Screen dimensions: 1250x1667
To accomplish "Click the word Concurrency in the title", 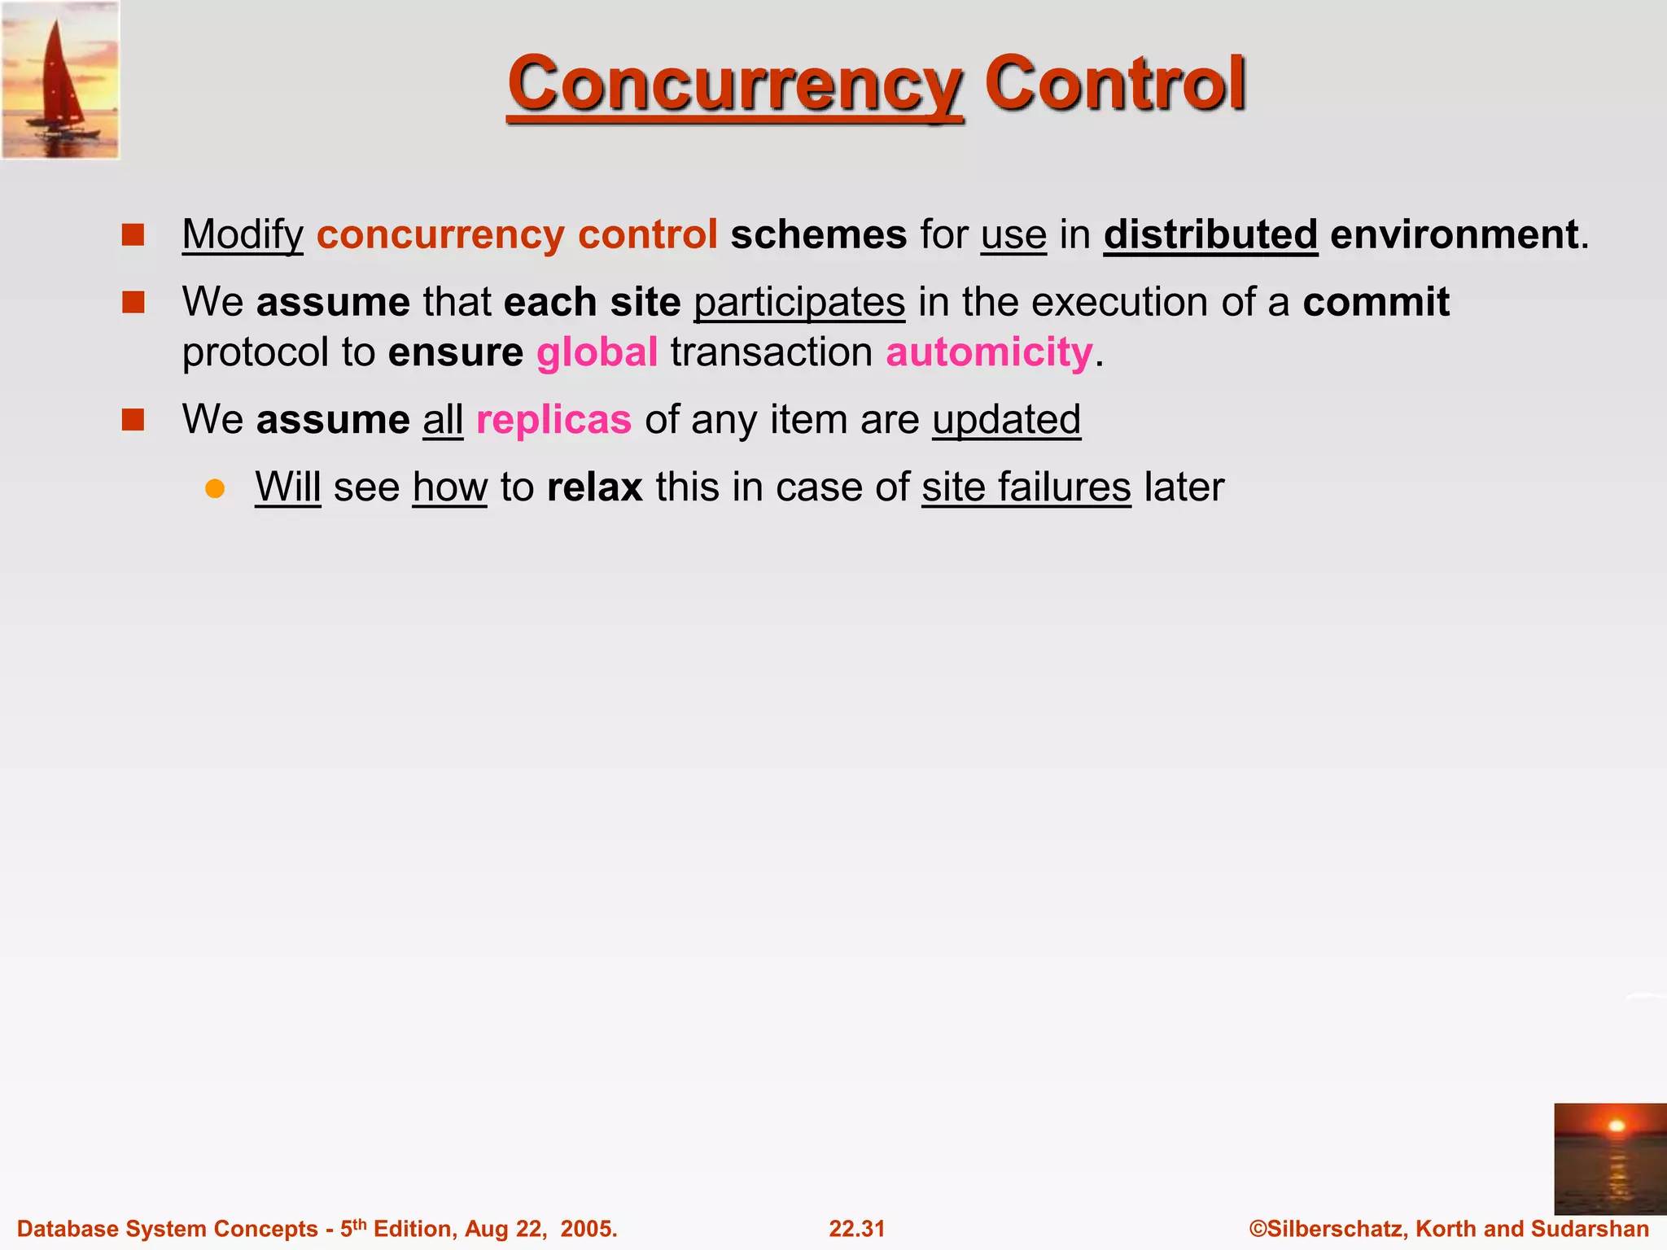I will click(735, 84).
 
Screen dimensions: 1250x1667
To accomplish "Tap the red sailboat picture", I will click(60, 80).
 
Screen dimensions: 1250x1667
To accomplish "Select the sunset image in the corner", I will click(1609, 1158).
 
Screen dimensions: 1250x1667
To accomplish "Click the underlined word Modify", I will click(243, 234).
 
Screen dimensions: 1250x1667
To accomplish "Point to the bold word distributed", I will click(1210, 234).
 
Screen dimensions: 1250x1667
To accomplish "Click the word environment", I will click(1454, 234).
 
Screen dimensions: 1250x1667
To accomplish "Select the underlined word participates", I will click(799, 302).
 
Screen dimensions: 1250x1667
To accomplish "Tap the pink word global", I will click(597, 352).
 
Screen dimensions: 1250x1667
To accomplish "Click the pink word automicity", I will click(989, 352).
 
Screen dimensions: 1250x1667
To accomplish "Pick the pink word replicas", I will click(553, 420).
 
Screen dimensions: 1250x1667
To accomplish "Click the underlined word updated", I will click(1006, 420).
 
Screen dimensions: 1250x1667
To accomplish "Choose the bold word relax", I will click(595, 487).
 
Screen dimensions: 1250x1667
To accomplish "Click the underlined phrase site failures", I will click(1026, 487).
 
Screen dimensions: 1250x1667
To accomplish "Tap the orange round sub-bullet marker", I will click(215, 488).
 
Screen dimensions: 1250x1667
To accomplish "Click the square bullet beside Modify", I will click(133, 235).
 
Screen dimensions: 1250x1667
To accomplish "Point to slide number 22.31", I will click(856, 1229).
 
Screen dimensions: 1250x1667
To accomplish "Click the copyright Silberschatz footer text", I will click(1449, 1229).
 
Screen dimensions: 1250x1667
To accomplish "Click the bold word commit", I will click(1376, 302).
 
